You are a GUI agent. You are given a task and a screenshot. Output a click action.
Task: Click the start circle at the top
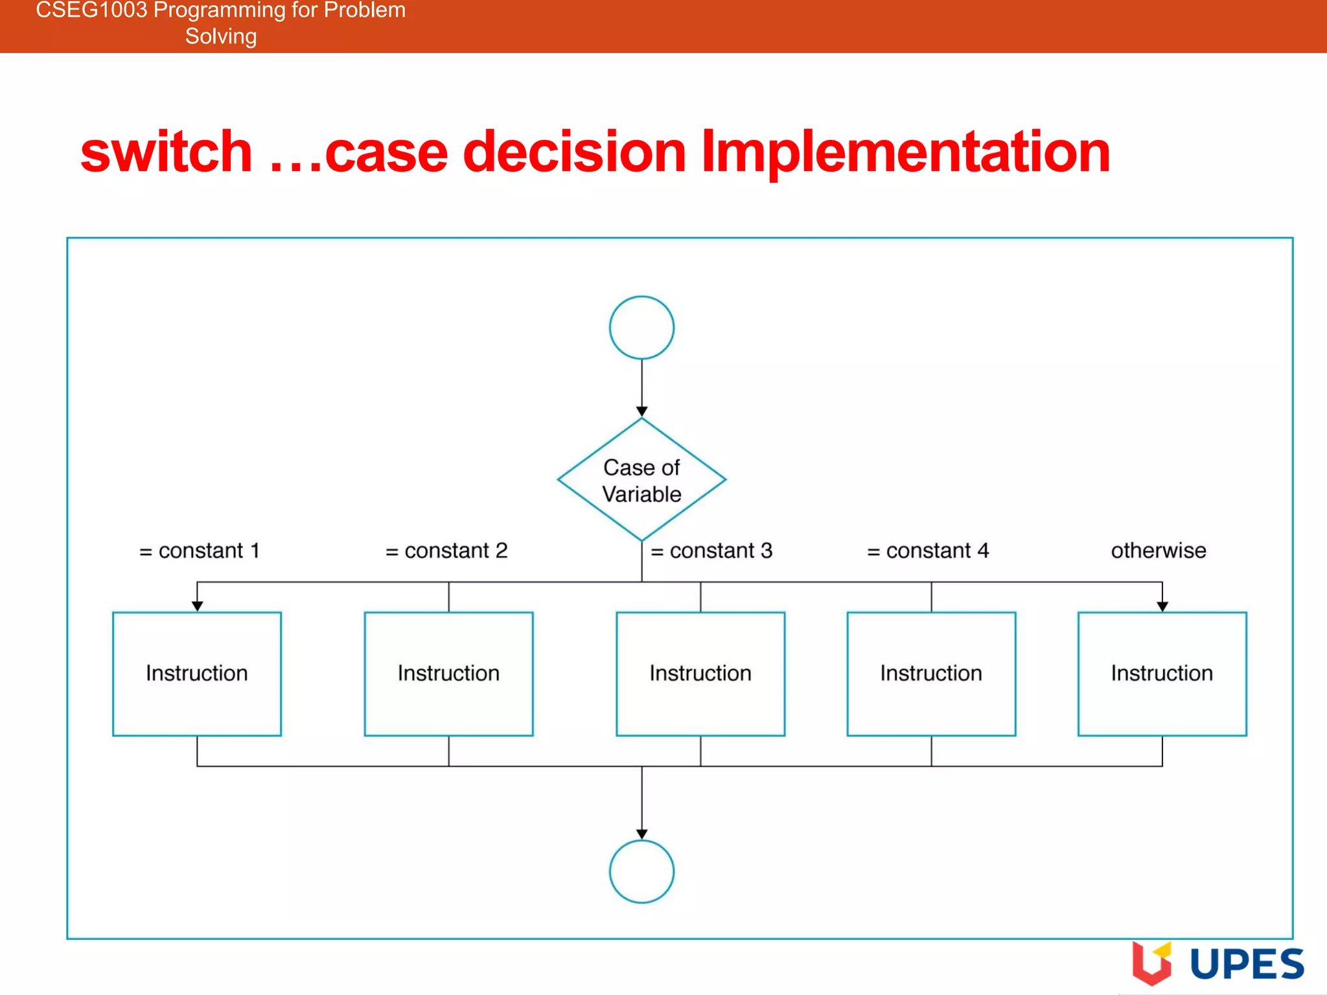[641, 328]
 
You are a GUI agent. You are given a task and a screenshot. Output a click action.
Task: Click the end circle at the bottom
[641, 871]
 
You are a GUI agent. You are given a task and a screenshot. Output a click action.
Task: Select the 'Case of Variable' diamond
[641, 480]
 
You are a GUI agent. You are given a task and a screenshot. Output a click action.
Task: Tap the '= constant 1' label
[200, 551]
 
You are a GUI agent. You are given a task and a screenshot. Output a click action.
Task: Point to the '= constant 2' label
[446, 551]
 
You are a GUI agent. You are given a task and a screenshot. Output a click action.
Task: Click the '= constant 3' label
[711, 551]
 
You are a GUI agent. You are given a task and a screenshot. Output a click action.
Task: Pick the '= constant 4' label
[928, 551]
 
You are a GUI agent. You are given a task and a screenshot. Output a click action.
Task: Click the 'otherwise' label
[1159, 551]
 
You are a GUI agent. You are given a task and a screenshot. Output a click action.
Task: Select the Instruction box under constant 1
[197, 674]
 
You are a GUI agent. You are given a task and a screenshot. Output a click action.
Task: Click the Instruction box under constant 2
[448, 674]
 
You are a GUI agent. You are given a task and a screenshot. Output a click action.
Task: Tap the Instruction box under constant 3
[700, 674]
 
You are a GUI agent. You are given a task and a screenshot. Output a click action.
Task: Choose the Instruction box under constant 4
[931, 674]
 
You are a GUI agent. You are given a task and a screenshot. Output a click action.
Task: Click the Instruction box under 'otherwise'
[1162, 674]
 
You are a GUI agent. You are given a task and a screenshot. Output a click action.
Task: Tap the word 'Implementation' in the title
[905, 153]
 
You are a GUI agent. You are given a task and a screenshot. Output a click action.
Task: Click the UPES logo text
[1247, 964]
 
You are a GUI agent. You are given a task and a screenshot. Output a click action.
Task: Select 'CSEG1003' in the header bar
[91, 10]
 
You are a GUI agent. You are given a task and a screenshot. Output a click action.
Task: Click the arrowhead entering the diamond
[641, 411]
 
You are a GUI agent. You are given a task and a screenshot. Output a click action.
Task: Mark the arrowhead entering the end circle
[641, 834]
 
